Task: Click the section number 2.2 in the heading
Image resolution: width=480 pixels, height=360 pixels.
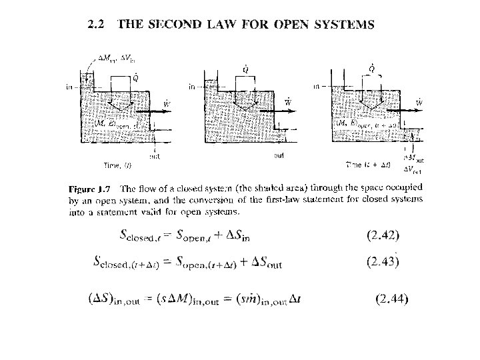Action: pyautogui.click(x=99, y=25)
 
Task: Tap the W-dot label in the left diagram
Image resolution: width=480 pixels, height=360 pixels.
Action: pyautogui.click(x=166, y=103)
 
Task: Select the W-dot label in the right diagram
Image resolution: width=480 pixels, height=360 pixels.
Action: pyautogui.click(x=419, y=102)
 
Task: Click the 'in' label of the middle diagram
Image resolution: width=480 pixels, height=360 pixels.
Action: pyautogui.click(x=192, y=86)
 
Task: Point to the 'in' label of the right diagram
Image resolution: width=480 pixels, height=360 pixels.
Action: pyautogui.click(x=316, y=86)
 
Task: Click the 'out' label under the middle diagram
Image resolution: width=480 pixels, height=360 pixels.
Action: pyautogui.click(x=280, y=156)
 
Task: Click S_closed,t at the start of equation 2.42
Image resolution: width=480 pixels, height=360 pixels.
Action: pyautogui.click(x=145, y=234)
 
